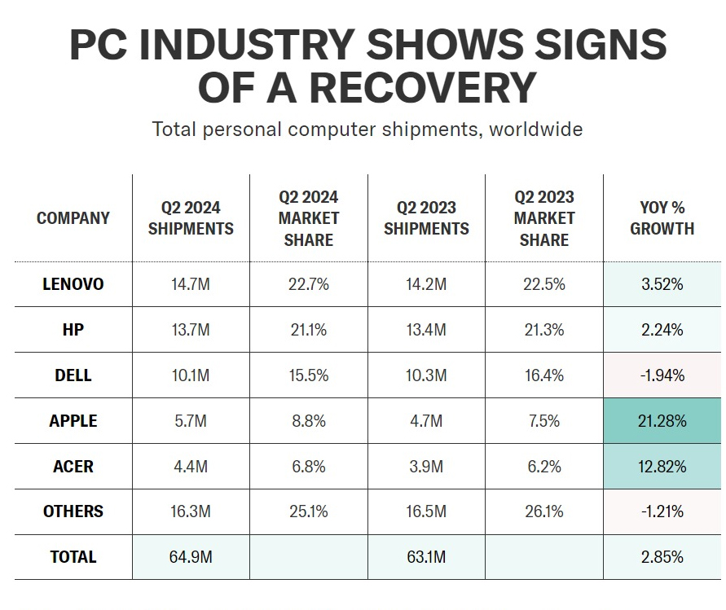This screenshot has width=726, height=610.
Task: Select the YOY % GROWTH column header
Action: point(662,218)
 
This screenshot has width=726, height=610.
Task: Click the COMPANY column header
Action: point(73,218)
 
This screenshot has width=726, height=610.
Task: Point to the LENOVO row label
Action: point(73,284)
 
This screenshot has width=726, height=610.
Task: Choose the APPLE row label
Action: point(73,421)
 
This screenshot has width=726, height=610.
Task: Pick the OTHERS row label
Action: point(73,511)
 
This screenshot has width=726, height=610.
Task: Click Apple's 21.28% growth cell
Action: point(662,421)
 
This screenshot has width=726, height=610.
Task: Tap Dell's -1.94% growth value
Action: point(662,375)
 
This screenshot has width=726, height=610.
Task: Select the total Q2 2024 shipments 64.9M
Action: point(191,557)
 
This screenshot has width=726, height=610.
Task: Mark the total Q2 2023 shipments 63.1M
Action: point(426,557)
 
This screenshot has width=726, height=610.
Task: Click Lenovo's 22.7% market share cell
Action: point(308,284)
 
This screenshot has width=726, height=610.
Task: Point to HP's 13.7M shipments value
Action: point(191,330)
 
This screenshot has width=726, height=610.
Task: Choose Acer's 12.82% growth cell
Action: point(662,467)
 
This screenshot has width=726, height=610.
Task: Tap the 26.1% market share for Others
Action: point(543,511)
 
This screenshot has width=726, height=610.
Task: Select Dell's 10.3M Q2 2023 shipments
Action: point(426,375)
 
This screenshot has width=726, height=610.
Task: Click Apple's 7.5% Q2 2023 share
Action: point(543,421)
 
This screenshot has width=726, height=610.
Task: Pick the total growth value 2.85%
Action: point(662,557)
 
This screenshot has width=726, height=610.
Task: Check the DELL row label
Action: point(73,375)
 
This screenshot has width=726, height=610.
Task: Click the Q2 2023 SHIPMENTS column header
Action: point(426,218)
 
